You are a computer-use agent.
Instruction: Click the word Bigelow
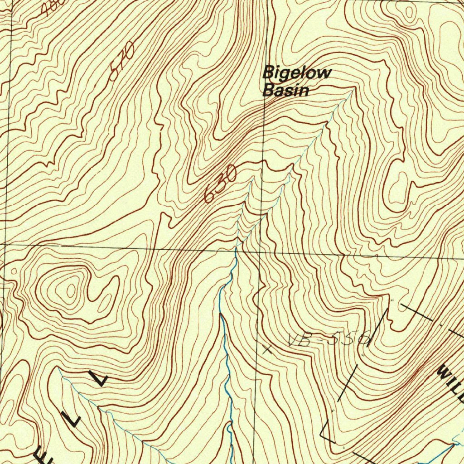click(297, 72)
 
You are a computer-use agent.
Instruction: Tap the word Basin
click(286, 90)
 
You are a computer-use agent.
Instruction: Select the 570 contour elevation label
click(122, 61)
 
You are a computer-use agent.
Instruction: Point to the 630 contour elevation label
click(220, 184)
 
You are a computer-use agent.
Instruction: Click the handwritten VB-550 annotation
click(330, 340)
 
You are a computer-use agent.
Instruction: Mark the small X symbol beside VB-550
click(268, 349)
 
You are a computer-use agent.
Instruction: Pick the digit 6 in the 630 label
click(210, 195)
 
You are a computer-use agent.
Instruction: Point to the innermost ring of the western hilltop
click(71, 290)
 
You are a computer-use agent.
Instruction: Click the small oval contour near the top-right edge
click(410, 12)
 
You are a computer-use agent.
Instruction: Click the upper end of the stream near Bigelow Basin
click(353, 91)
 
